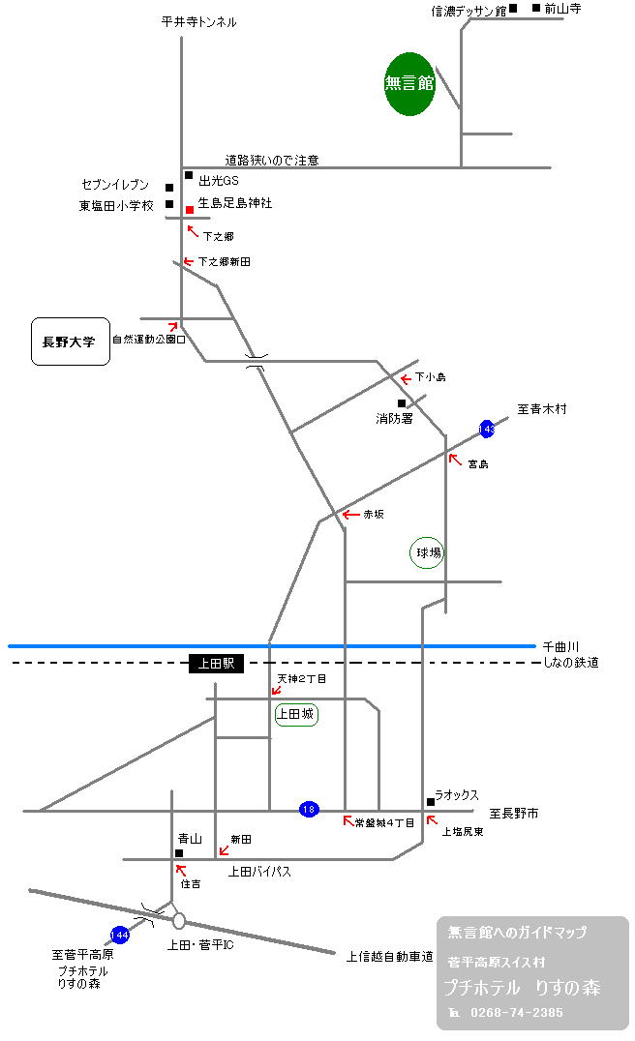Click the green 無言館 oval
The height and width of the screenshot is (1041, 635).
410,84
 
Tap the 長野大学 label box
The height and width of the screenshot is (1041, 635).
70,342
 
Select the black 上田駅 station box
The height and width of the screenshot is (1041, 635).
217,664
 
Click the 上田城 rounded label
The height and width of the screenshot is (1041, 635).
296,715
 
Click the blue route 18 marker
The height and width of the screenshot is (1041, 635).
309,809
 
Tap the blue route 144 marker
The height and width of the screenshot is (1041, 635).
120,935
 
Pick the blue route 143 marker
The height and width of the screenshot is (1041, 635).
486,429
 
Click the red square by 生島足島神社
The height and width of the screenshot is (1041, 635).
190,209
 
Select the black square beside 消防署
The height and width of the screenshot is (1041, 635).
402,403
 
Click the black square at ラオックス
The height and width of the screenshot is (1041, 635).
430,801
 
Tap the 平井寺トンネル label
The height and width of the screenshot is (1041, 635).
198,21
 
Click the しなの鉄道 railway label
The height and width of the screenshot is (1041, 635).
570,662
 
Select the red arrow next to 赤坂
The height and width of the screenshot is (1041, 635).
350,515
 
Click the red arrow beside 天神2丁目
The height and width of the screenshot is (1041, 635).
277,690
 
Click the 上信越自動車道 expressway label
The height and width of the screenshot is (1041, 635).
389,957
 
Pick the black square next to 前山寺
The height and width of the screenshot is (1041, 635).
535,9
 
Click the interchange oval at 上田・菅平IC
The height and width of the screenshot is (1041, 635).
179,921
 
